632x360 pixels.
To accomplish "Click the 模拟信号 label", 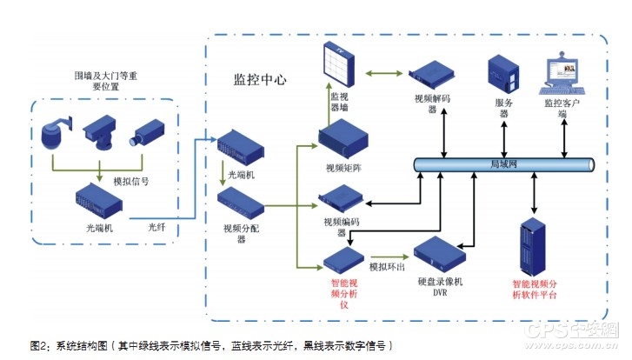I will click(x=130, y=181).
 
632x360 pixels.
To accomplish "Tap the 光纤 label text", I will click(x=156, y=227).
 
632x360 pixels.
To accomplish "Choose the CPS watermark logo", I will click(x=569, y=331).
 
